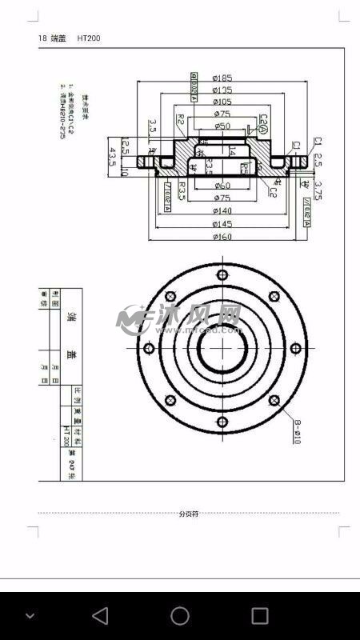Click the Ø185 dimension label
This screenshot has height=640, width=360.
[x=222, y=78]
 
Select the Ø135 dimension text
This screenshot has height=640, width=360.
[x=222, y=90]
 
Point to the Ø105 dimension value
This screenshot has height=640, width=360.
[x=222, y=102]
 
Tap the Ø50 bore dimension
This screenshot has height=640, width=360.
[x=222, y=126]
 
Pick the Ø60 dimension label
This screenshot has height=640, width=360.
[x=222, y=186]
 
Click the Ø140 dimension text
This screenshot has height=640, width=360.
[x=222, y=210]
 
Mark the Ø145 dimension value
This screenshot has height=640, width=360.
[x=222, y=223]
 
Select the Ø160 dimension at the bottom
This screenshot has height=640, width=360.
[x=222, y=237]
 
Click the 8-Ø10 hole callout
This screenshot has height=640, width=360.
[x=296, y=432]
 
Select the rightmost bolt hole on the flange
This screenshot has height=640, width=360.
[x=295, y=348]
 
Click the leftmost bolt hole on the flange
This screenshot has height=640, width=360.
[x=148, y=348]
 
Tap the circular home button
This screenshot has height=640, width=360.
[x=180, y=615]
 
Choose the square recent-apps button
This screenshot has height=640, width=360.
[x=260, y=615]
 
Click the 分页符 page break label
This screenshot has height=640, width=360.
[x=189, y=514]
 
